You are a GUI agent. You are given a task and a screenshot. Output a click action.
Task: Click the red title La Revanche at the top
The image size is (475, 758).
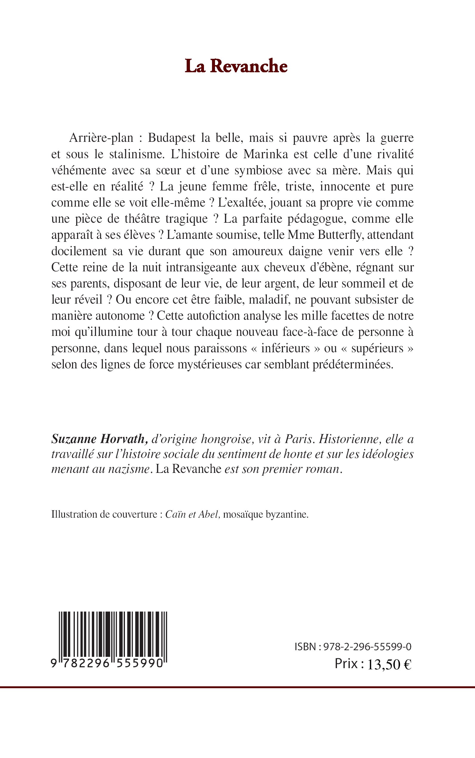pyautogui.click(x=236, y=66)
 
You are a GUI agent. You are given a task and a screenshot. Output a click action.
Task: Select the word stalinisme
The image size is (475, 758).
pyautogui.click(x=138, y=154)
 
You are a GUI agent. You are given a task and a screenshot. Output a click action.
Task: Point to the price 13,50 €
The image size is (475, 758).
pyautogui.click(x=389, y=664)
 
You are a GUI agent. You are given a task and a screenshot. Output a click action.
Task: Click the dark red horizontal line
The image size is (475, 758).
pyautogui.click(x=237, y=688)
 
